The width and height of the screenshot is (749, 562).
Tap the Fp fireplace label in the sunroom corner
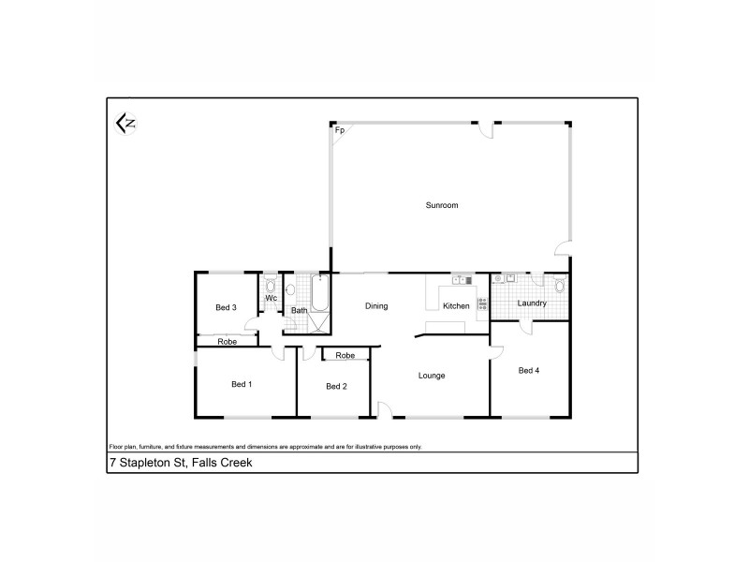340,130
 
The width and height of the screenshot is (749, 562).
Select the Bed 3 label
226,307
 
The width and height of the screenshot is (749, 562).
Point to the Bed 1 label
242,383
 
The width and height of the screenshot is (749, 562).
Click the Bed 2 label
337,386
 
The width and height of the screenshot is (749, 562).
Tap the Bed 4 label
529,370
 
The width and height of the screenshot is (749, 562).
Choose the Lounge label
432,376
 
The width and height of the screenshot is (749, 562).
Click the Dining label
376,306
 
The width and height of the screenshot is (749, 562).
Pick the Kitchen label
456,306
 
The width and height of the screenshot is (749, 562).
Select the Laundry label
532,303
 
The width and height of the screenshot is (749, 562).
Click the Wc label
271,299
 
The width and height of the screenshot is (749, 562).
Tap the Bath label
299,310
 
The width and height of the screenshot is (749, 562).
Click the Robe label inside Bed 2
345,356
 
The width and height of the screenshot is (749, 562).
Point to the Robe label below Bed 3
227,342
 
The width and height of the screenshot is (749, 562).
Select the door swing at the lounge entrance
384,408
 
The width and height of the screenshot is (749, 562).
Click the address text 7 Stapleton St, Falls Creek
181,463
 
